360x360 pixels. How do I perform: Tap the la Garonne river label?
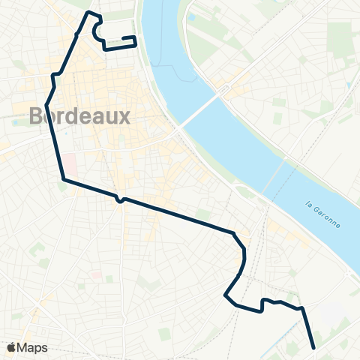point(324,213)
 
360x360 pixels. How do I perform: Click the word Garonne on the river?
point(328,217)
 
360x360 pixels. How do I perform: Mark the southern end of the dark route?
point(313,347)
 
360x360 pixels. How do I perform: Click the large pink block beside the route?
point(69,162)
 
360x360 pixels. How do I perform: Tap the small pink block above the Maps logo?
point(95,275)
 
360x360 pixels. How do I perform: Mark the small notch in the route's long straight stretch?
point(119,200)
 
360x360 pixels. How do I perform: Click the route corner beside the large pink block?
point(63,179)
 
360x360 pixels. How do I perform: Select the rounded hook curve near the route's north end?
point(95,30)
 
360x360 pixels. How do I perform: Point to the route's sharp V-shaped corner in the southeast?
point(226,296)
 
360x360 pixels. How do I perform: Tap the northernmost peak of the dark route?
point(90,13)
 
